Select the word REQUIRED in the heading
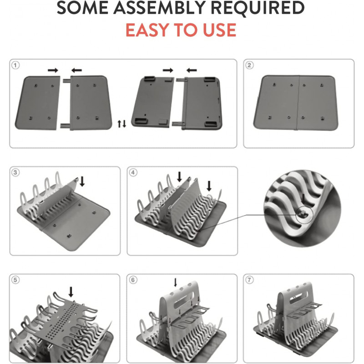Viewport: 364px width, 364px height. [x=258, y=8]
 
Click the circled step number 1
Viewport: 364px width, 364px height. [x=15, y=65]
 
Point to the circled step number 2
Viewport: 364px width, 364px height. [x=249, y=65]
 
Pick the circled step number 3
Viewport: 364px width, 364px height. [x=15, y=172]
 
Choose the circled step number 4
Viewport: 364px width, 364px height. [x=133, y=172]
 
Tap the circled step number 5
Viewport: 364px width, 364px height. [x=15, y=280]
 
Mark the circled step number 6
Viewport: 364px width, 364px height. [x=133, y=280]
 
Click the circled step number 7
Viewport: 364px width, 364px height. [x=249, y=280]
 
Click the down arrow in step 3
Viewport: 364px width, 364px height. [x=82, y=181]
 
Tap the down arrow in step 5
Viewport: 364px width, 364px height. [x=71, y=292]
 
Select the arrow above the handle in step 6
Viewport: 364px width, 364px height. [x=176, y=282]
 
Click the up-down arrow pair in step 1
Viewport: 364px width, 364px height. [x=122, y=124]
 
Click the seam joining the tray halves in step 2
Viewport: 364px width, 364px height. [x=298, y=102]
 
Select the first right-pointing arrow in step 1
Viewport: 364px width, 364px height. [x=53, y=71]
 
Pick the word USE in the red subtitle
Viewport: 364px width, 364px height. [x=220, y=30]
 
